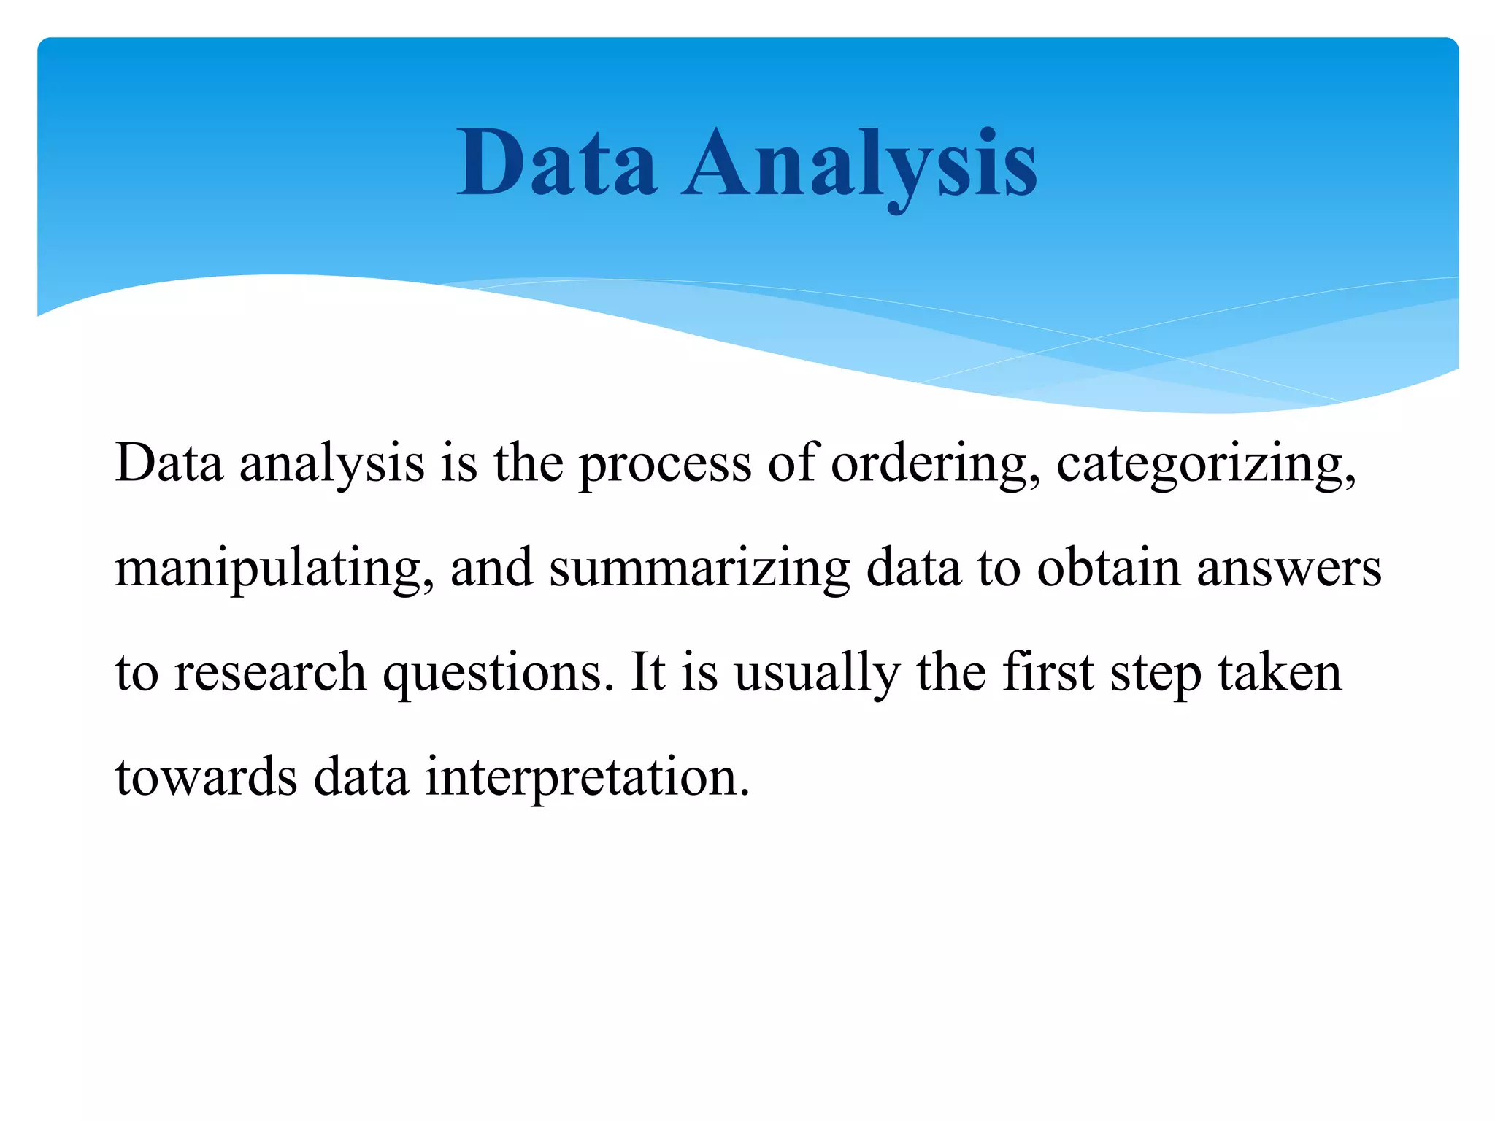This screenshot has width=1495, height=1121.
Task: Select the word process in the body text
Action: point(665,464)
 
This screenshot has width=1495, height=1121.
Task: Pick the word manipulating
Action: point(274,569)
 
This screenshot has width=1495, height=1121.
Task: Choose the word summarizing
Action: point(699,569)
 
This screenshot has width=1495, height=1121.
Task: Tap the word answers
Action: point(1289,569)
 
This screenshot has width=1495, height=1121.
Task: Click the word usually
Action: point(817,673)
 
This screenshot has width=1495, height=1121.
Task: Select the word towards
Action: point(207,777)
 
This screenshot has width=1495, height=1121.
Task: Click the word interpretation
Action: point(588,778)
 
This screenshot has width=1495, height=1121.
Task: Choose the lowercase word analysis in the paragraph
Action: point(332,464)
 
